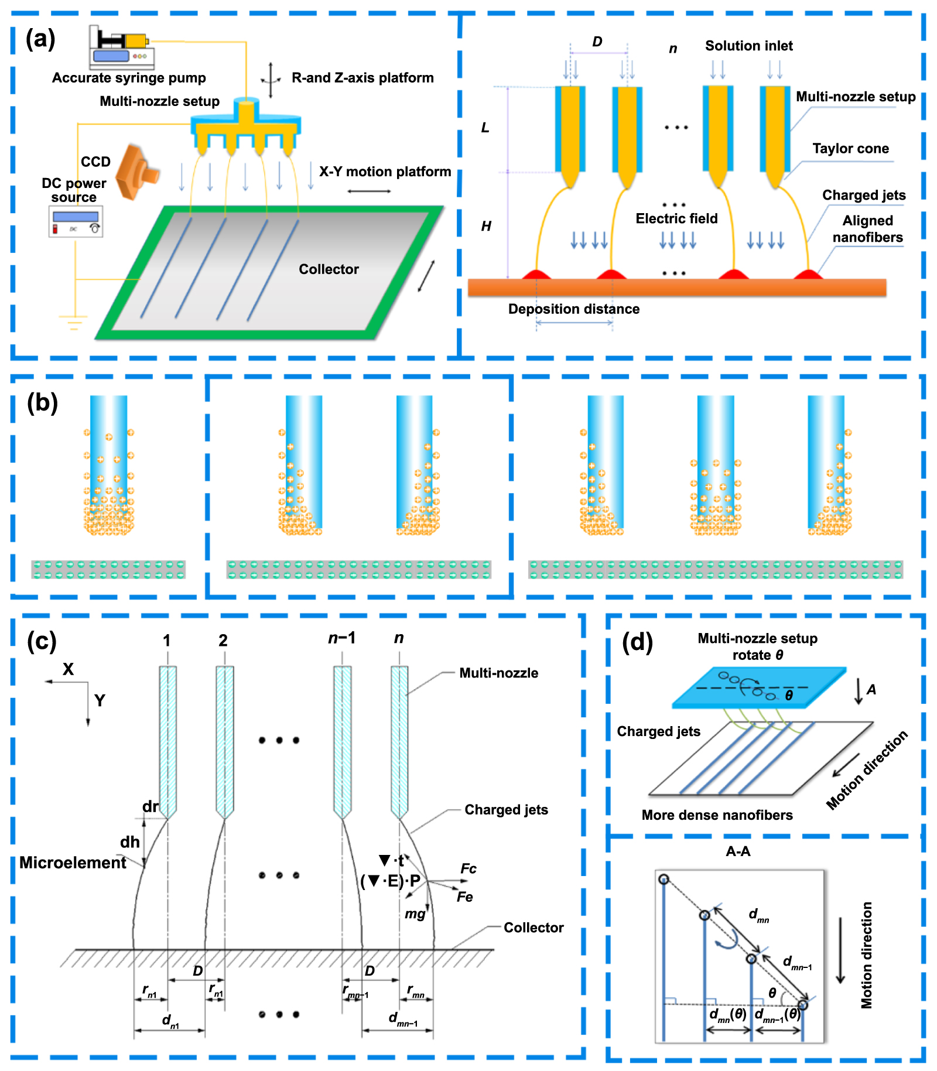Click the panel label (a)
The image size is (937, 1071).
40,39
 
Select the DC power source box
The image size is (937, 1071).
76,221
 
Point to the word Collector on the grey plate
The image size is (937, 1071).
329,269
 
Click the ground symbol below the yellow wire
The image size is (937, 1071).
73,322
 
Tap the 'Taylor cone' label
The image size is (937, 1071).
850,149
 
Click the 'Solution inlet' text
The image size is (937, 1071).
748,46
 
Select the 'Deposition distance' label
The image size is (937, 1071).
573,309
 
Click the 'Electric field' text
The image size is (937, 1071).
676,218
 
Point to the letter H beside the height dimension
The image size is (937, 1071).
486,226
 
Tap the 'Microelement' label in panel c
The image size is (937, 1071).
73,863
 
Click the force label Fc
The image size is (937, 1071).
468,868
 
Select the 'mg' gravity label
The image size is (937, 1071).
415,913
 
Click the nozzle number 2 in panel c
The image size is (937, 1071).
223,641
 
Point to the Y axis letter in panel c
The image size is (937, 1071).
100,700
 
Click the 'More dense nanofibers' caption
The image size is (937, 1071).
717,815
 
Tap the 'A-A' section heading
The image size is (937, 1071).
737,851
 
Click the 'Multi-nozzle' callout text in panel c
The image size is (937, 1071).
498,673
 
